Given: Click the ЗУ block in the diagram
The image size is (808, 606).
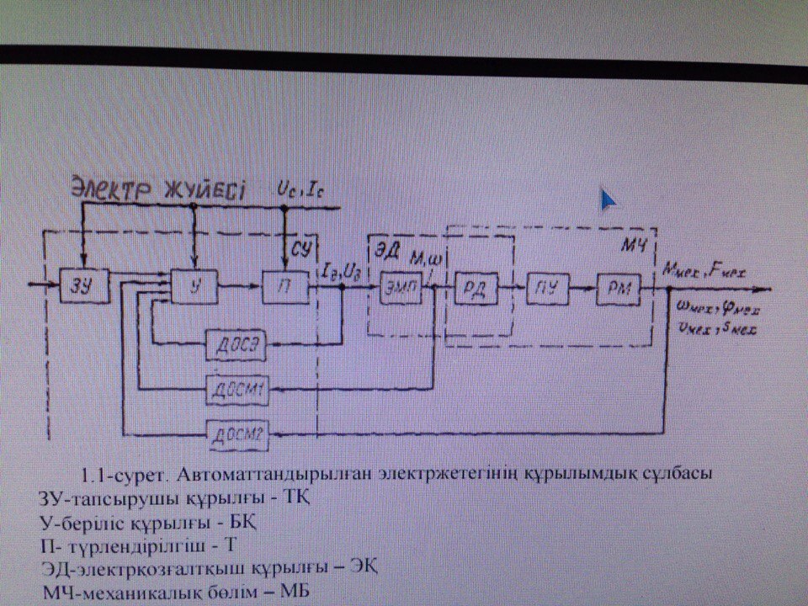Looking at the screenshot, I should pos(79,288).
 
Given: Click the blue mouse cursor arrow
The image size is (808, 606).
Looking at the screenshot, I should pos(609,199).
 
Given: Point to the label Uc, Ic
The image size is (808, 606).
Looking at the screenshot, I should pos(301,190).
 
